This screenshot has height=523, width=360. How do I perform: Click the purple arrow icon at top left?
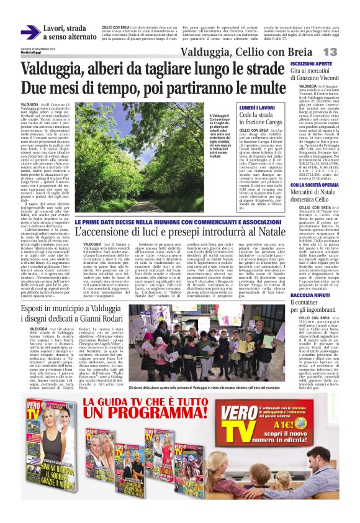(x=30, y=33)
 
